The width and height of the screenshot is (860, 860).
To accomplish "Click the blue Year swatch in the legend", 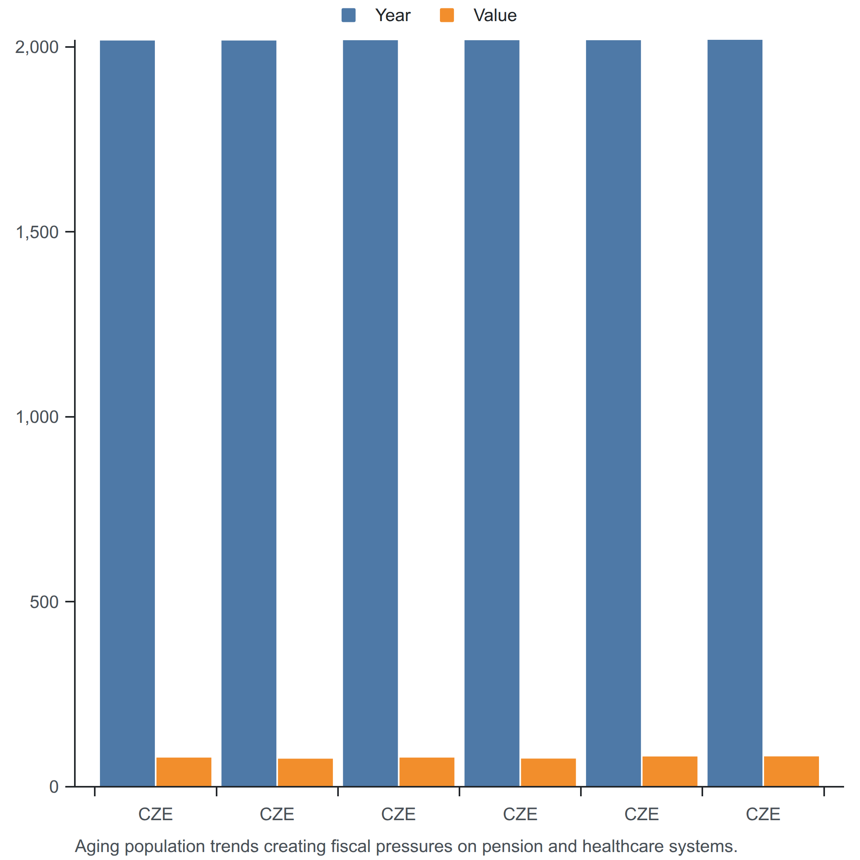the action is coord(348,15).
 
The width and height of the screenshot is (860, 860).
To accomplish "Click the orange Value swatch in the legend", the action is coord(446,15).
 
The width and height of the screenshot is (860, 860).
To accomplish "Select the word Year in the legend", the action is coord(393,16).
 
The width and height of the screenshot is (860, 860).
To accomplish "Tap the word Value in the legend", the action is coord(495,16).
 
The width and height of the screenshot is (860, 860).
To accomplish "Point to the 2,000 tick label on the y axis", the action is coord(37,47).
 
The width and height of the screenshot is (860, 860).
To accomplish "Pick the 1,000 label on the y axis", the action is coord(37,417).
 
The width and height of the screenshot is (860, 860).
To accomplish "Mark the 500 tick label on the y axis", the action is coord(44,602).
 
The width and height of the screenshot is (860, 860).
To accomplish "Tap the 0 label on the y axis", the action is coord(54,787).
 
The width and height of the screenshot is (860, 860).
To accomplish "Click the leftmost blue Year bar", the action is coord(127,414).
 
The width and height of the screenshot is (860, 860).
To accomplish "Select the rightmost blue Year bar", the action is coord(735,413).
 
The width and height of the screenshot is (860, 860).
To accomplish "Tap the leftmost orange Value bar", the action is coord(184,772).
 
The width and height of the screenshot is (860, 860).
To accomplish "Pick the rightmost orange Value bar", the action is coord(792,772).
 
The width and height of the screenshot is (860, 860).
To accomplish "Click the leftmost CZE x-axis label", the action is coord(155,815).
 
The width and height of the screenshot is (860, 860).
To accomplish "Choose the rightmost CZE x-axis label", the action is coord(763,815).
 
